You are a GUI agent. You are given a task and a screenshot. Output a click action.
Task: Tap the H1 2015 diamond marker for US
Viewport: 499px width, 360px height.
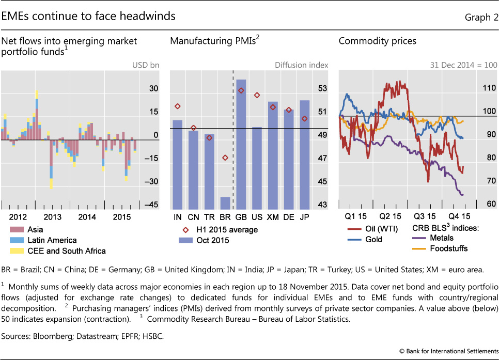[257, 96]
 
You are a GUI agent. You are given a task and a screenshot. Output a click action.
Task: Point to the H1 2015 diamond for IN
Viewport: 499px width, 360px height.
[178, 106]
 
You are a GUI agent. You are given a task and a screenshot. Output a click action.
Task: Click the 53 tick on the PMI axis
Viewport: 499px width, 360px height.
[322, 89]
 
